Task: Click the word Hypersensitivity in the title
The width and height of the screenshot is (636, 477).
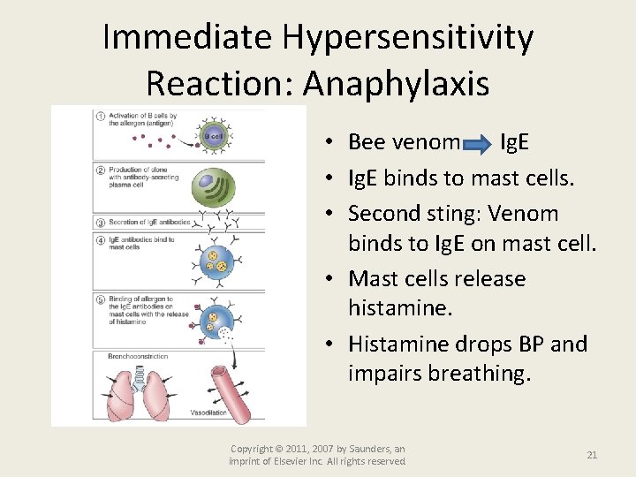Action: point(408,38)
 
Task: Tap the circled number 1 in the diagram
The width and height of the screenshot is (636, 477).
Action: point(100,117)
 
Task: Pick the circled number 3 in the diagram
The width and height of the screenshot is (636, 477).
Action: point(100,223)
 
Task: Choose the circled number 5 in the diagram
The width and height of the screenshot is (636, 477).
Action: point(100,300)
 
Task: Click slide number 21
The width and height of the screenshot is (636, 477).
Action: point(592,455)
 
